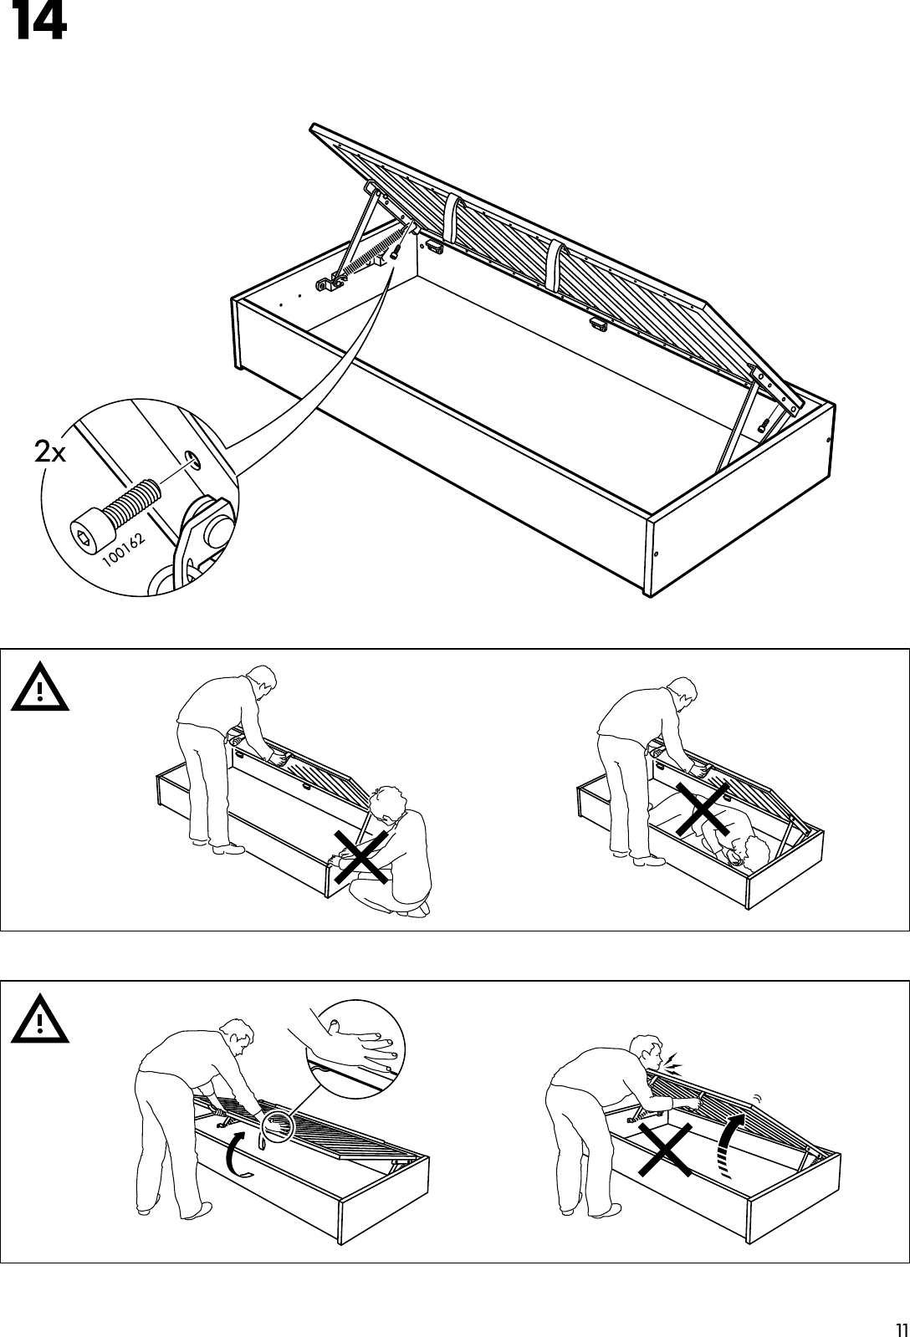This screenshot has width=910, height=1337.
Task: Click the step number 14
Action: click(x=38, y=23)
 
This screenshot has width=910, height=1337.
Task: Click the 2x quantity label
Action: click(x=51, y=452)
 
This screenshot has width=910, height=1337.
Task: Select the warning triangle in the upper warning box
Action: click(x=39, y=690)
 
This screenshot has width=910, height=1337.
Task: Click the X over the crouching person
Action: click(x=361, y=856)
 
